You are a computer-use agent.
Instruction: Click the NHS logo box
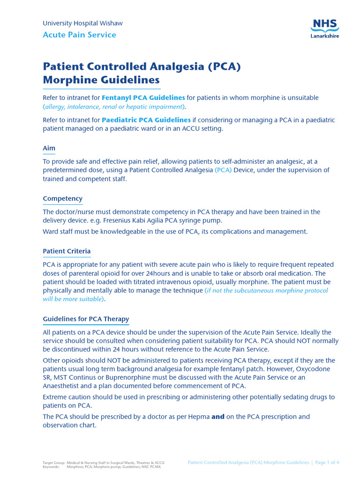[324, 26]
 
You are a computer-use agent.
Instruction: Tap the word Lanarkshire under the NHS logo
[324, 36]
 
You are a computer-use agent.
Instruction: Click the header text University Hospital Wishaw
[82, 23]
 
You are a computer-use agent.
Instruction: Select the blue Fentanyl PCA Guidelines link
[143, 97]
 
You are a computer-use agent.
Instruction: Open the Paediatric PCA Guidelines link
[146, 120]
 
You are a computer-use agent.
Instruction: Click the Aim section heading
[49, 148]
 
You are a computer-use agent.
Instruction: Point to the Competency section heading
[62, 198]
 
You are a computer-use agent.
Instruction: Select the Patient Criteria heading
[67, 251]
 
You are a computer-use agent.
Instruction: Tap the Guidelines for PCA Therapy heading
[86, 319]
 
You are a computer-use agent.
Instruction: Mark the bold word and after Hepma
[218, 417]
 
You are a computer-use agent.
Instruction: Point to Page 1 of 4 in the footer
[327, 462]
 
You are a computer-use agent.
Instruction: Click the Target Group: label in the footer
[53, 462]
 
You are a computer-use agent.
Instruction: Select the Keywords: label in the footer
[51, 467]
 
